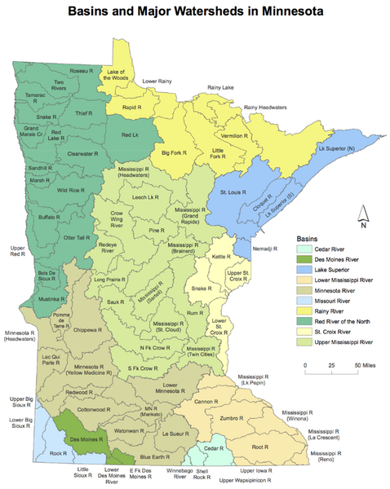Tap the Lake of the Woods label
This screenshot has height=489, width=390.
click(121, 76)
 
